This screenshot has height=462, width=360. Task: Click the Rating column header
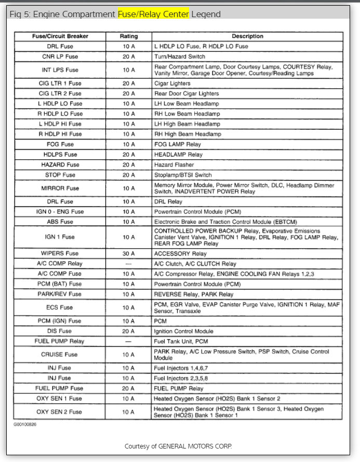[129, 36]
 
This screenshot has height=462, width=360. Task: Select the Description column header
[247, 36]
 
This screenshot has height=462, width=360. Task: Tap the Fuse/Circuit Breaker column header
[60, 36]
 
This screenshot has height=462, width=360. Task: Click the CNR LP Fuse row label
[60, 57]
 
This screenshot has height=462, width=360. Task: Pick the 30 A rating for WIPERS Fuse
[129, 254]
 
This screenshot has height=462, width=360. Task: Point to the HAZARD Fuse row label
[60, 165]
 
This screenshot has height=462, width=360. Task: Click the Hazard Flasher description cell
[174, 165]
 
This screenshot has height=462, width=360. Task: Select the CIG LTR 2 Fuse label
[60, 93]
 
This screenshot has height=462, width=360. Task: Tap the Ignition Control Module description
[183, 331]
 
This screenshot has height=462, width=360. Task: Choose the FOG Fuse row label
[60, 144]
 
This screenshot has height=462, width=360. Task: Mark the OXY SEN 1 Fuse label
[60, 399]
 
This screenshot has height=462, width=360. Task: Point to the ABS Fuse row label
[60, 222]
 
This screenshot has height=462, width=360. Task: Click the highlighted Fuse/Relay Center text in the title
[153, 15]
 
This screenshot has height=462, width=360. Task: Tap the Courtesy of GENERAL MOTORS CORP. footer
[178, 446]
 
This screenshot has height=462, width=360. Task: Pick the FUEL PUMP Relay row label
[60, 342]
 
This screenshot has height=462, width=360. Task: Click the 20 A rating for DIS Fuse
[129, 331]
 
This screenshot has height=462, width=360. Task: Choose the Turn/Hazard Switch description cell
[180, 57]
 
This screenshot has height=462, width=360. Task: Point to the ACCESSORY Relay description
[180, 254]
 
